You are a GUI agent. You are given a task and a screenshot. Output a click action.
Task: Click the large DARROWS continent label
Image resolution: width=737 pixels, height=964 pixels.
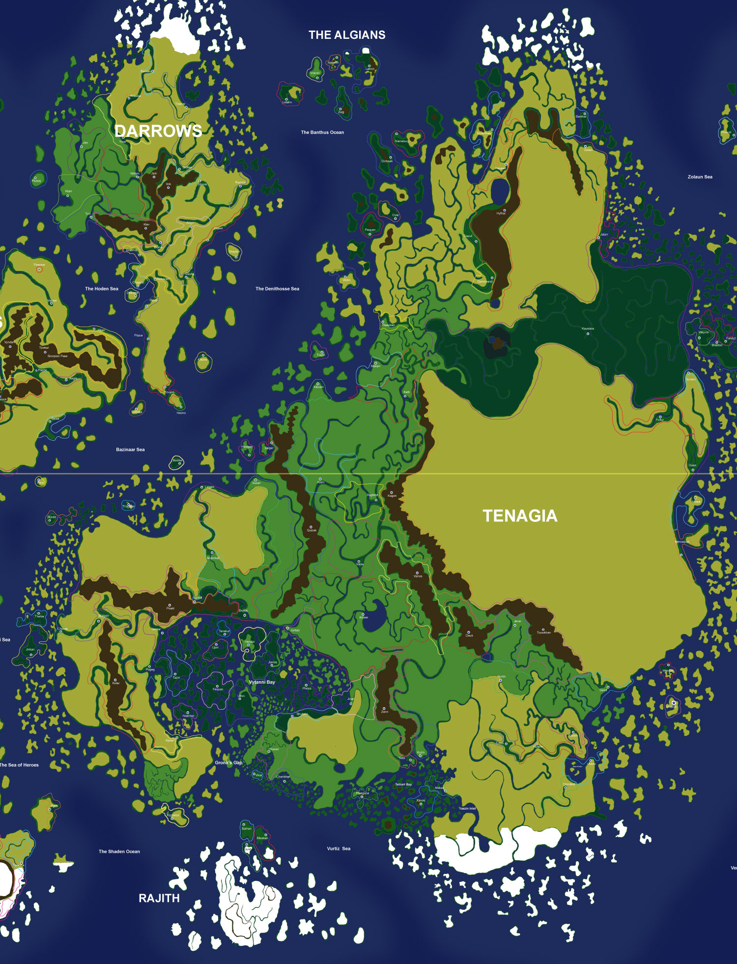coord(158,131)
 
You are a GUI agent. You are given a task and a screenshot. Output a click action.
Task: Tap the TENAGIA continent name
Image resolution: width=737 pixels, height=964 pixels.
coord(520,515)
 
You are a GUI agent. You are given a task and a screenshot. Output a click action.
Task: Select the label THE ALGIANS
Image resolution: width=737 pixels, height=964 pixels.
coord(347,35)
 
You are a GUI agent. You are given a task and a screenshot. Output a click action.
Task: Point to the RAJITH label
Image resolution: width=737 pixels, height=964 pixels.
coord(159,898)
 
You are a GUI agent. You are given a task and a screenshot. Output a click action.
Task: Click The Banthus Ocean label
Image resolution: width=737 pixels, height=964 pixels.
coord(322,132)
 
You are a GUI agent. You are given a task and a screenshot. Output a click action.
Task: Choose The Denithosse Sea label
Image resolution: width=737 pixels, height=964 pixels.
coord(277,289)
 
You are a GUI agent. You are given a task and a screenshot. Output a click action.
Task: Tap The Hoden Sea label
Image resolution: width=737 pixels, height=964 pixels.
coord(102,289)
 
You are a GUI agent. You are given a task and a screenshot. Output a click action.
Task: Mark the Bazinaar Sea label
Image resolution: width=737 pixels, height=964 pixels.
coord(130,450)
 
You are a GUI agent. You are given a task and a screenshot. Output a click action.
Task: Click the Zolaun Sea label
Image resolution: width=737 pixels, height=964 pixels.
coord(700,177)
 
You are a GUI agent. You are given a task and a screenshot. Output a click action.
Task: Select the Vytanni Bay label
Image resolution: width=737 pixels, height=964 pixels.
coord(262,682)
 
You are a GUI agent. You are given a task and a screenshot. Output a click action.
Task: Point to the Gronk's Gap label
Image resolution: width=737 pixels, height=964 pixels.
coord(228,763)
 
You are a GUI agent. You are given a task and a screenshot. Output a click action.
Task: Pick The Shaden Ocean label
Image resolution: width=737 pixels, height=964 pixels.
coord(119,851)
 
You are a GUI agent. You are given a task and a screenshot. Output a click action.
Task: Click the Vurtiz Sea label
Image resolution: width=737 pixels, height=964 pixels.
coord(339,848)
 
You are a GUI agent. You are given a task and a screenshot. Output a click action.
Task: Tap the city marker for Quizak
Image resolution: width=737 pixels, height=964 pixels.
coord(311,527)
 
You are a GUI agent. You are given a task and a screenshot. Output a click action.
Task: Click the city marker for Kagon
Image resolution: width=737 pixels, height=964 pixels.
coord(392,492)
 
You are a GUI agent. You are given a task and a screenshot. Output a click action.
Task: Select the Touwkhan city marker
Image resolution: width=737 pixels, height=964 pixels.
coord(543,630)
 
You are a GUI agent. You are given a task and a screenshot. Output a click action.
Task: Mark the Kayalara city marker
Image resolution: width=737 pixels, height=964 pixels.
coord(588,334)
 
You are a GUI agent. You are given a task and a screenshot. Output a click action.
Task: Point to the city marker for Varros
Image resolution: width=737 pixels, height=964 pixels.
coord(417,573)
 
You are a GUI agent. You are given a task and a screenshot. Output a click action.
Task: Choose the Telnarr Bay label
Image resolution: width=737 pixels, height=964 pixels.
coord(403,784)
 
